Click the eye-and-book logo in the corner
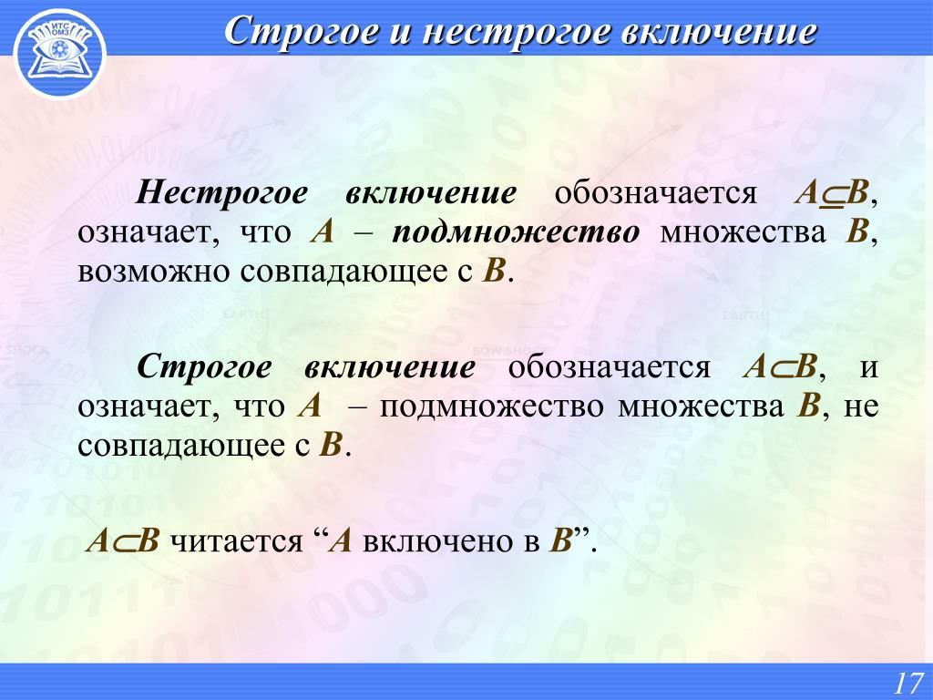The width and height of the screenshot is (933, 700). [x=59, y=54]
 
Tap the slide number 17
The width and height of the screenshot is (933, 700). [x=908, y=683]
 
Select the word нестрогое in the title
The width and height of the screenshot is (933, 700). [x=517, y=32]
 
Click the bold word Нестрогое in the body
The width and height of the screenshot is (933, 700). [x=222, y=193]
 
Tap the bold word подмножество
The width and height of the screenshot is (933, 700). [x=516, y=232]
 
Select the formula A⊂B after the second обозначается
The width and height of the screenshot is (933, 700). [x=780, y=367]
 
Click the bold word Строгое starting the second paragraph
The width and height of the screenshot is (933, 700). [x=204, y=367]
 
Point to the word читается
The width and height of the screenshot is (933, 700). [x=236, y=541]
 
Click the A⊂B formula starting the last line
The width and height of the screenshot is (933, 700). [x=123, y=541]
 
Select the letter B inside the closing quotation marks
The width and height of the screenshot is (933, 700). [x=560, y=541]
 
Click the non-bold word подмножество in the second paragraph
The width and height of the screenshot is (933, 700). [x=491, y=407]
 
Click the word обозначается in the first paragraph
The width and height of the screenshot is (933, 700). [x=656, y=193]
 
